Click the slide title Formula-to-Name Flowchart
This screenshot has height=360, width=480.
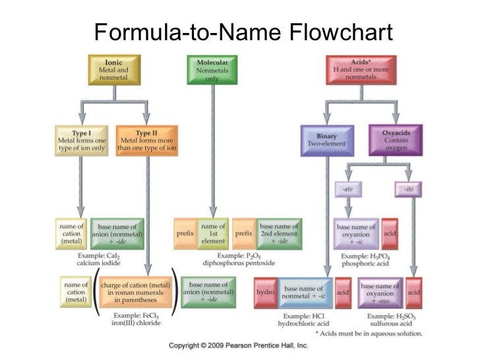pyautogui.click(x=243, y=32)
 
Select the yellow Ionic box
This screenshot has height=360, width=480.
pyautogui.click(x=113, y=70)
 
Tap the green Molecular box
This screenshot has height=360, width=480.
pyautogui.click(x=212, y=70)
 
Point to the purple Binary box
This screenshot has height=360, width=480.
pyautogui.click(x=326, y=140)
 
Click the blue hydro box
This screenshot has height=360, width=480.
pyautogui.click(x=265, y=291)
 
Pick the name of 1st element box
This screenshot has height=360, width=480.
pyautogui.click(x=214, y=233)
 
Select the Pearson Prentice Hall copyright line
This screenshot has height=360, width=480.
pyautogui.click(x=239, y=345)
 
